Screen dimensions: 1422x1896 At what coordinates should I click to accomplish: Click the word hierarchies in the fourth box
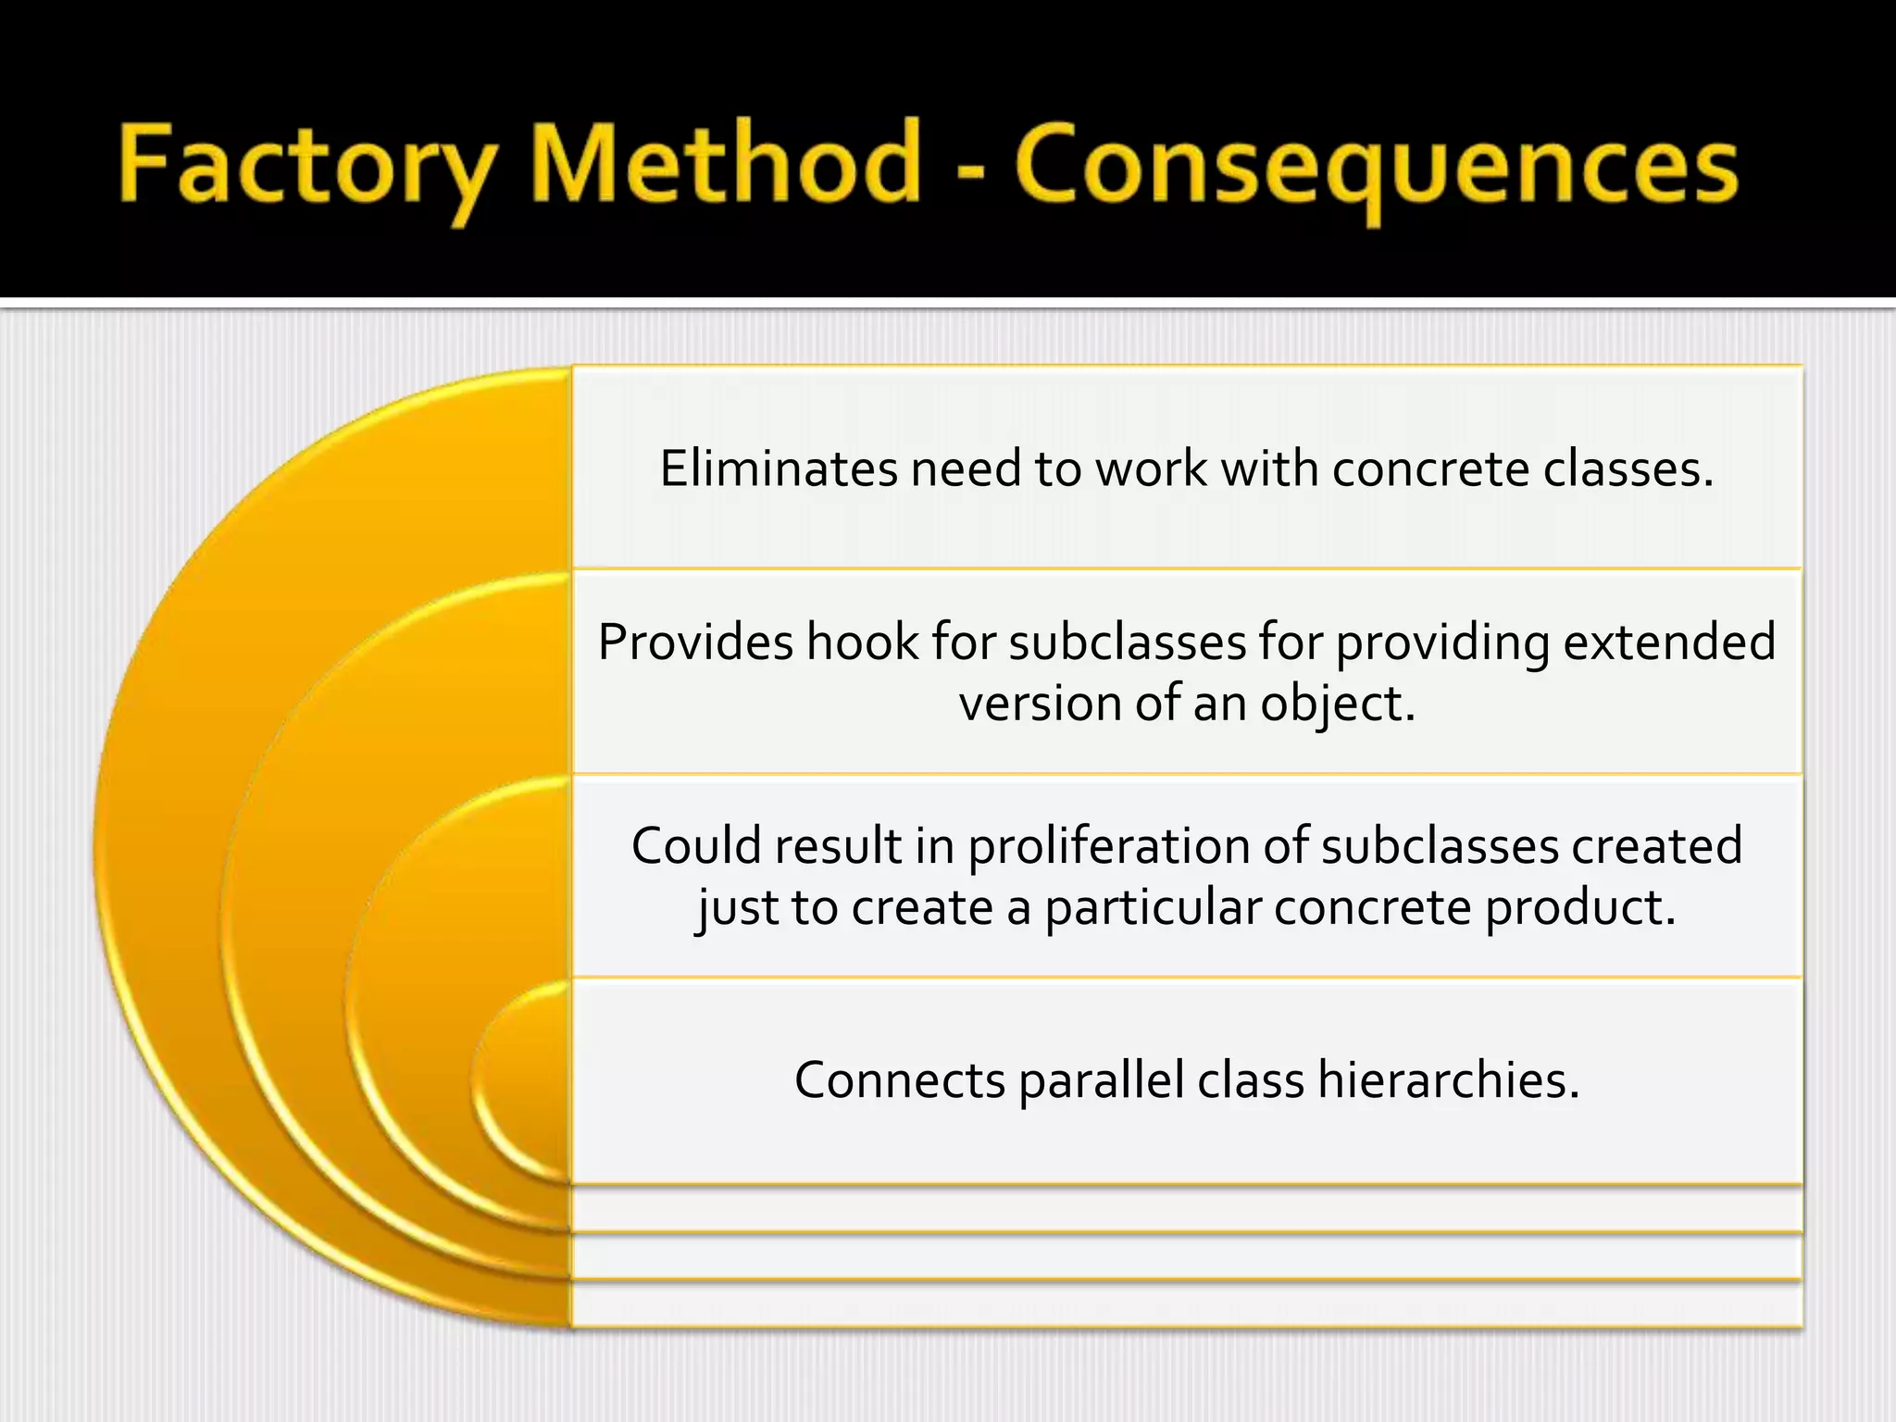coord(1449,1080)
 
